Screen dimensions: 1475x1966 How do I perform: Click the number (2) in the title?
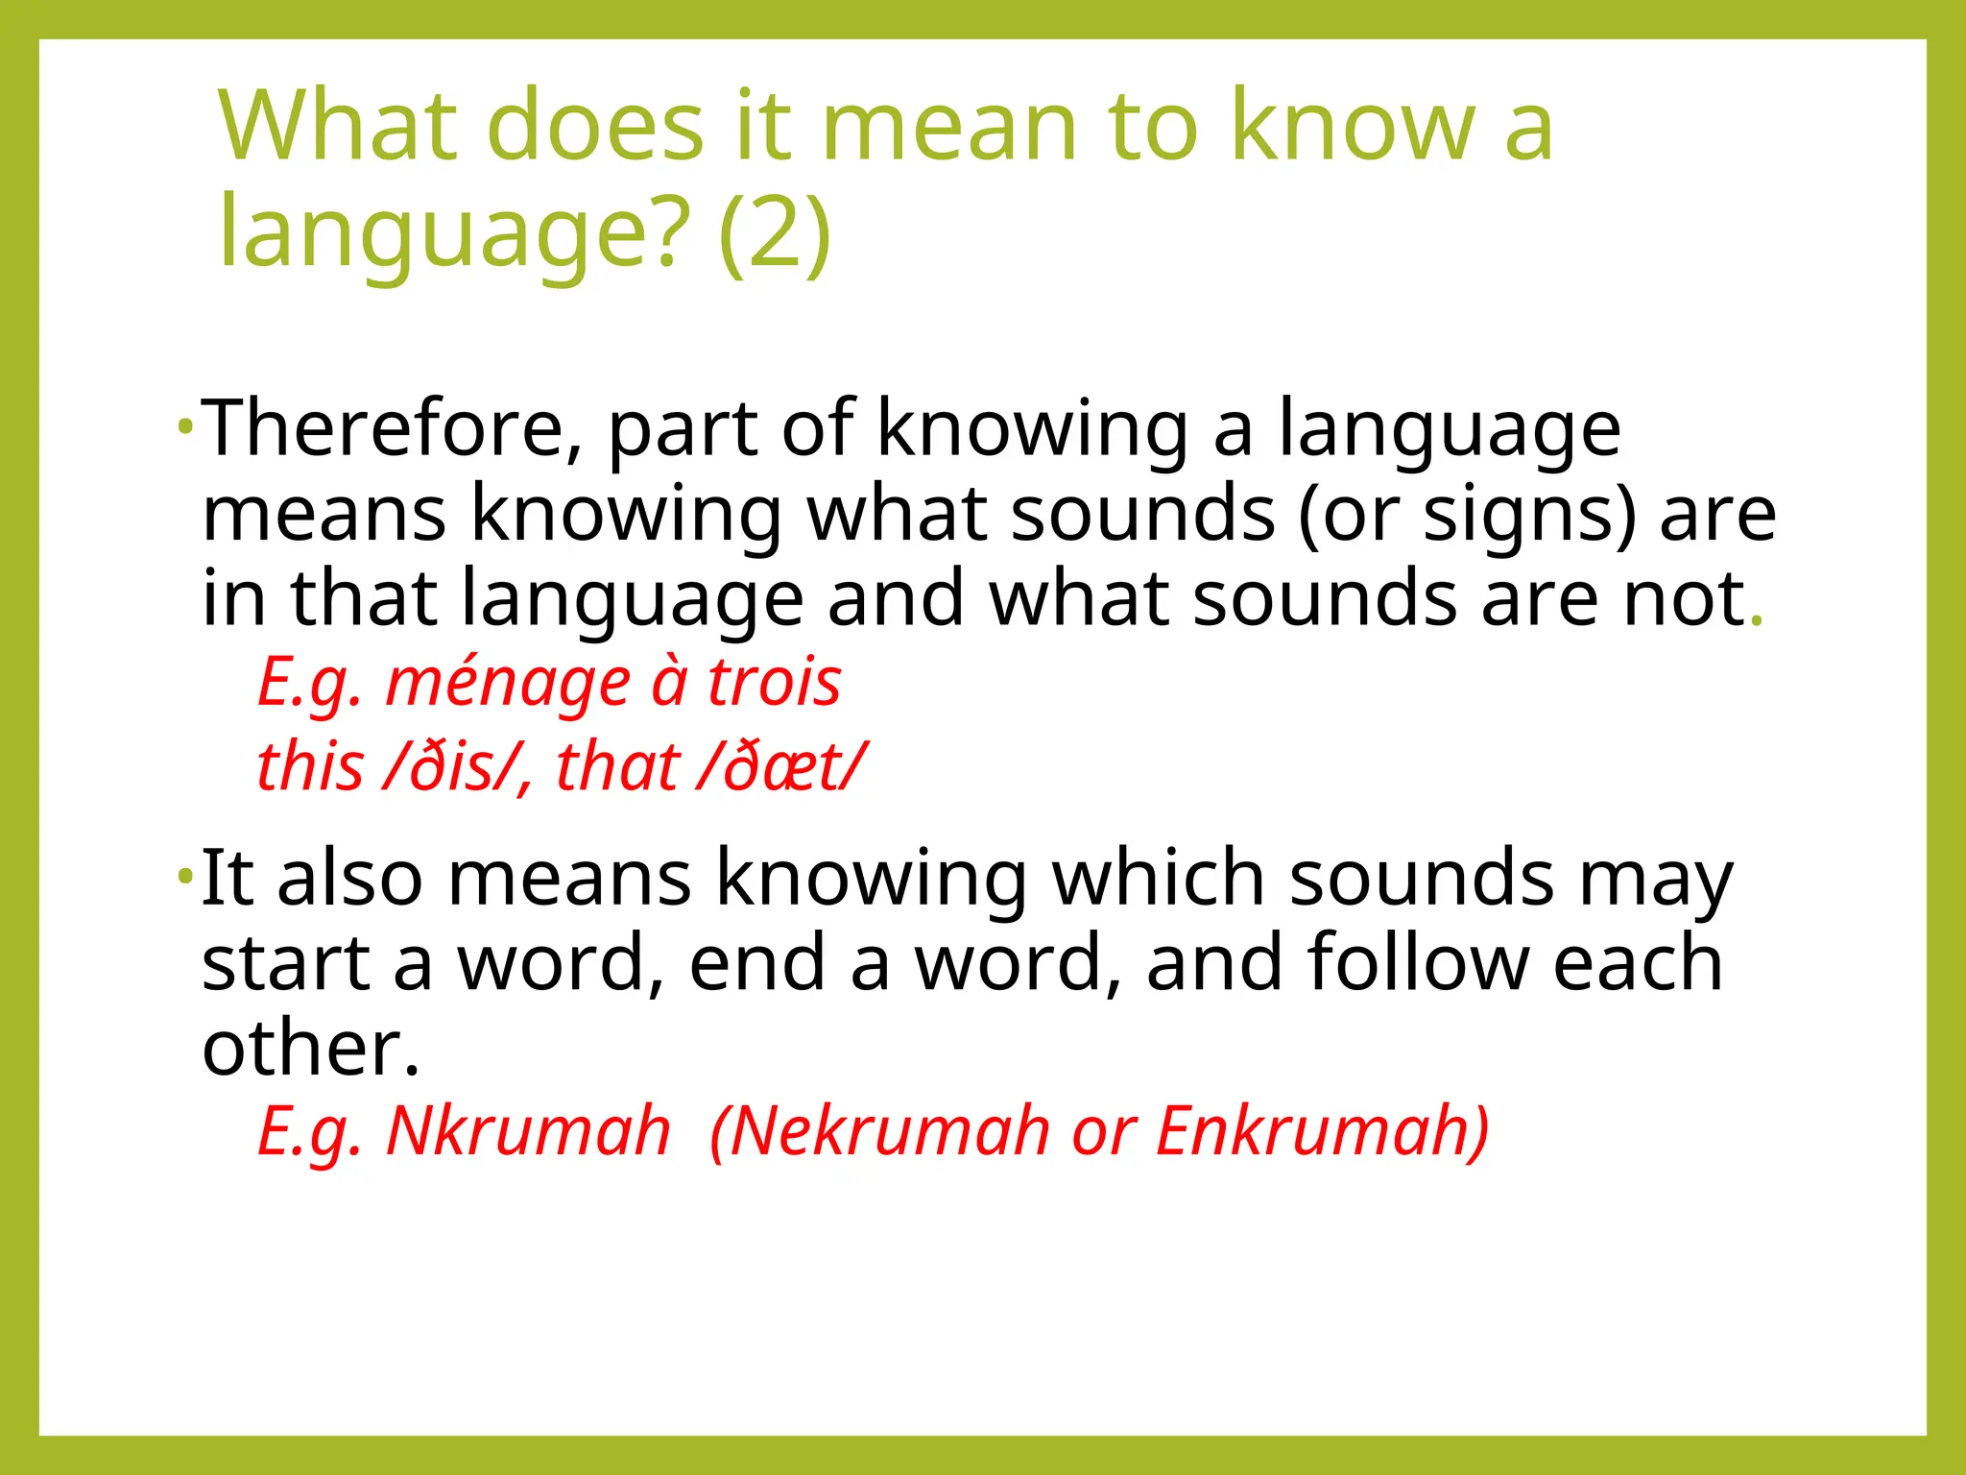[774, 232]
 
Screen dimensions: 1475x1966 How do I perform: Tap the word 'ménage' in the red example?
[508, 683]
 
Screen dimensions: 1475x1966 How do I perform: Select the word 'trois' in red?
[774, 683]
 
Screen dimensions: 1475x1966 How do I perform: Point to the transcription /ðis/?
[450, 767]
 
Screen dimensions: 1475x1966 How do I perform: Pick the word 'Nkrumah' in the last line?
[528, 1130]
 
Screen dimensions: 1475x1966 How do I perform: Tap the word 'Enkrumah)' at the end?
[1323, 1130]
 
